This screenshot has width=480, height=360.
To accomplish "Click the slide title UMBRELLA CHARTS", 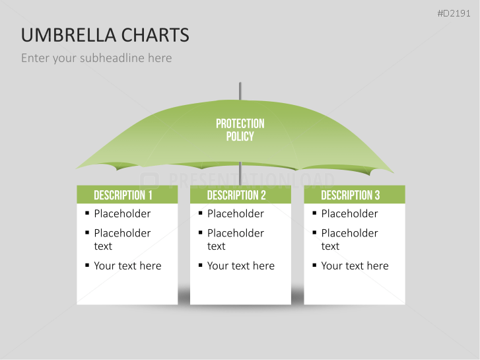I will [x=105, y=35].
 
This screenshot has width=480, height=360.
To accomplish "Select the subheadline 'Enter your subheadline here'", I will [x=96, y=58].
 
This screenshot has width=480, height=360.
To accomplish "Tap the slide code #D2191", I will [x=454, y=13].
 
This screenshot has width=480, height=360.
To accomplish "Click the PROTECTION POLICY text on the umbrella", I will [x=240, y=130].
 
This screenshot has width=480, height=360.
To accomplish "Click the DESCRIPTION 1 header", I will [x=123, y=195].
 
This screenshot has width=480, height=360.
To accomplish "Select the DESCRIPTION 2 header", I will [x=236, y=195].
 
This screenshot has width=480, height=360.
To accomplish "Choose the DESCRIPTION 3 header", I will [x=351, y=195].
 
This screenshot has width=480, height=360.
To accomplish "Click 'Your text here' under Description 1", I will [x=127, y=266].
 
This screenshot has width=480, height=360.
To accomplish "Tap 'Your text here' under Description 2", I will [x=241, y=266].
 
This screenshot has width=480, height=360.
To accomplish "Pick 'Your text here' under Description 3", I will [x=355, y=266].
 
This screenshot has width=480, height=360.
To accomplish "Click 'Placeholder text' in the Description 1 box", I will [x=122, y=239].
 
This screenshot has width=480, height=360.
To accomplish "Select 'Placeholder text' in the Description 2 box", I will [x=236, y=239].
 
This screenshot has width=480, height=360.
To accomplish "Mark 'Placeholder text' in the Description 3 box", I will [x=349, y=239].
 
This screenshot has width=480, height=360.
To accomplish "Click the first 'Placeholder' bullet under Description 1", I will [x=122, y=213].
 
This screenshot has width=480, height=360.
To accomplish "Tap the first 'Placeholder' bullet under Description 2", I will [x=236, y=213].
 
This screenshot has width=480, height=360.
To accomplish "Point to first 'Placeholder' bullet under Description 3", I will [x=349, y=213].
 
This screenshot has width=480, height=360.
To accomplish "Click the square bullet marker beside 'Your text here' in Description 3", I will [x=315, y=266].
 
